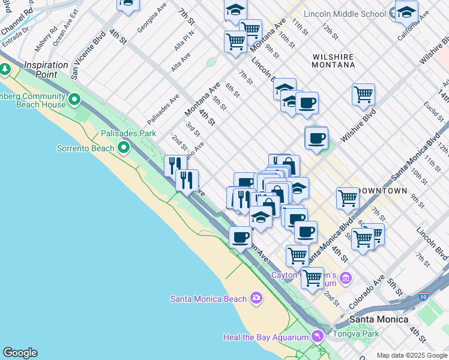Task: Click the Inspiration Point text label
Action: pyautogui.click(x=46, y=65)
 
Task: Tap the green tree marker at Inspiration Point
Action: pyautogui.click(x=5, y=70)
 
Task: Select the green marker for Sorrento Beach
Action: pyautogui.click(x=124, y=148)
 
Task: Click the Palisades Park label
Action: pyautogui.click(x=128, y=133)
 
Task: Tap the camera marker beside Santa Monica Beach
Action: pyautogui.click(x=256, y=298)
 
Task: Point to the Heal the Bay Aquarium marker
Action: pyautogui.click(x=316, y=337)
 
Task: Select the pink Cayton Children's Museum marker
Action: pyautogui.click(x=345, y=278)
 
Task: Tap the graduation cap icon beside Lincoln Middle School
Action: pyautogui.click(x=406, y=12)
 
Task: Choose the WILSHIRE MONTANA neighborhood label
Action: pyautogui.click(x=333, y=62)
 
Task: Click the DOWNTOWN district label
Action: pyautogui.click(x=382, y=191)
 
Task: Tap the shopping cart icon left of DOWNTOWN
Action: pyautogui.click(x=348, y=198)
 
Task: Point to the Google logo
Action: pyautogui.click(x=20, y=353)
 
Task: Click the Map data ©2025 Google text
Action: pyautogui.click(x=411, y=355)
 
